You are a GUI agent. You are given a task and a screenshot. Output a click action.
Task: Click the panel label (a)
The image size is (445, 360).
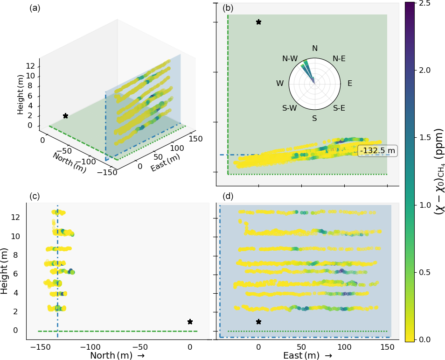point(35,8)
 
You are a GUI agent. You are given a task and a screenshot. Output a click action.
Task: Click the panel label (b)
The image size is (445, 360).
point(228,8)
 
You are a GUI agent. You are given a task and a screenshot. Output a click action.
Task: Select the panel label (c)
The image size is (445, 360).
point(35,197)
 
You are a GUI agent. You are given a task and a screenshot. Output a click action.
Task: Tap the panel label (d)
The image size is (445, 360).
point(228,197)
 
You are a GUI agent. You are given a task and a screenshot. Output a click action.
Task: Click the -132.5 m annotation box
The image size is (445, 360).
point(378,151)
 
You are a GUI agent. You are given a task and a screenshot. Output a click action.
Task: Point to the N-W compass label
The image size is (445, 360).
point(290,58)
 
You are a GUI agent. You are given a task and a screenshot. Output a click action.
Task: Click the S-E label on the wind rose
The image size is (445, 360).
point(339,108)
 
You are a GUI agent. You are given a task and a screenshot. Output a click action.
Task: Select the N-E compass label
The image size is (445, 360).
point(339,58)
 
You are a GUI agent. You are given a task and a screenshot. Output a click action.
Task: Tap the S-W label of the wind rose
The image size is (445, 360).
point(290,108)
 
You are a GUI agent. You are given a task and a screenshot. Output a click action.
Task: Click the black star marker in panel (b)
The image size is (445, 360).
point(259,22)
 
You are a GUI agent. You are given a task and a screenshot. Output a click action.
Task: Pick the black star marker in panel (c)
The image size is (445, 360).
point(190,322)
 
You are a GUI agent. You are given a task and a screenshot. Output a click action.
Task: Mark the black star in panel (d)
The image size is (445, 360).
point(258,322)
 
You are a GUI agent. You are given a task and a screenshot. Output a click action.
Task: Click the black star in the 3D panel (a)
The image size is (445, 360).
point(65,116)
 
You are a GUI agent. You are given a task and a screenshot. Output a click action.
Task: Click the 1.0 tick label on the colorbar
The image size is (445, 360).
point(425,205)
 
